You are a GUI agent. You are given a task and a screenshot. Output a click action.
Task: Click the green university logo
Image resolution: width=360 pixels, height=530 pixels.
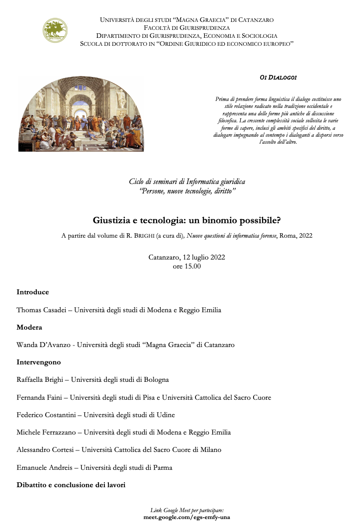[55, 30]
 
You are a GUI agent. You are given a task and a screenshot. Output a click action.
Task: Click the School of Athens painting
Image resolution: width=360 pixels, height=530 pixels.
[81, 114]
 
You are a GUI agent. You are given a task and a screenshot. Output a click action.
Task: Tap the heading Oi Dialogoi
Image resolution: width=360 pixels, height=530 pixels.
[278, 78]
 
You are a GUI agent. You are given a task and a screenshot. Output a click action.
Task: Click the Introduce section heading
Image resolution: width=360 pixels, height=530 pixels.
[33, 292]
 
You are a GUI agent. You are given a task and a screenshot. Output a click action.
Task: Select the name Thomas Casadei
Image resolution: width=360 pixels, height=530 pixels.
[41, 310]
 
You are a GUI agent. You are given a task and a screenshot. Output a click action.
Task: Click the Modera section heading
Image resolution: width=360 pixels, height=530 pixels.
[29, 327]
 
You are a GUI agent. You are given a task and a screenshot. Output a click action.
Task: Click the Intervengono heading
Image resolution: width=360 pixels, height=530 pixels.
[39, 362]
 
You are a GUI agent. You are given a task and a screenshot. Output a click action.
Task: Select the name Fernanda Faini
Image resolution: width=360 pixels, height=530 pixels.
[40, 397]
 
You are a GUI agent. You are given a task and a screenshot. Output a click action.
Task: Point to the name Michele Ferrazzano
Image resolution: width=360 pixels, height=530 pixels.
[46, 432]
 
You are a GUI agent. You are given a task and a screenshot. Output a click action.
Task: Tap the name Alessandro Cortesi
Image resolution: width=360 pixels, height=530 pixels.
[46, 449]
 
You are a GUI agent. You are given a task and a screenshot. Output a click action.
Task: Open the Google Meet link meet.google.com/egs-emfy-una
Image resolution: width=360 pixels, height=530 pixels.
[186, 517]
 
